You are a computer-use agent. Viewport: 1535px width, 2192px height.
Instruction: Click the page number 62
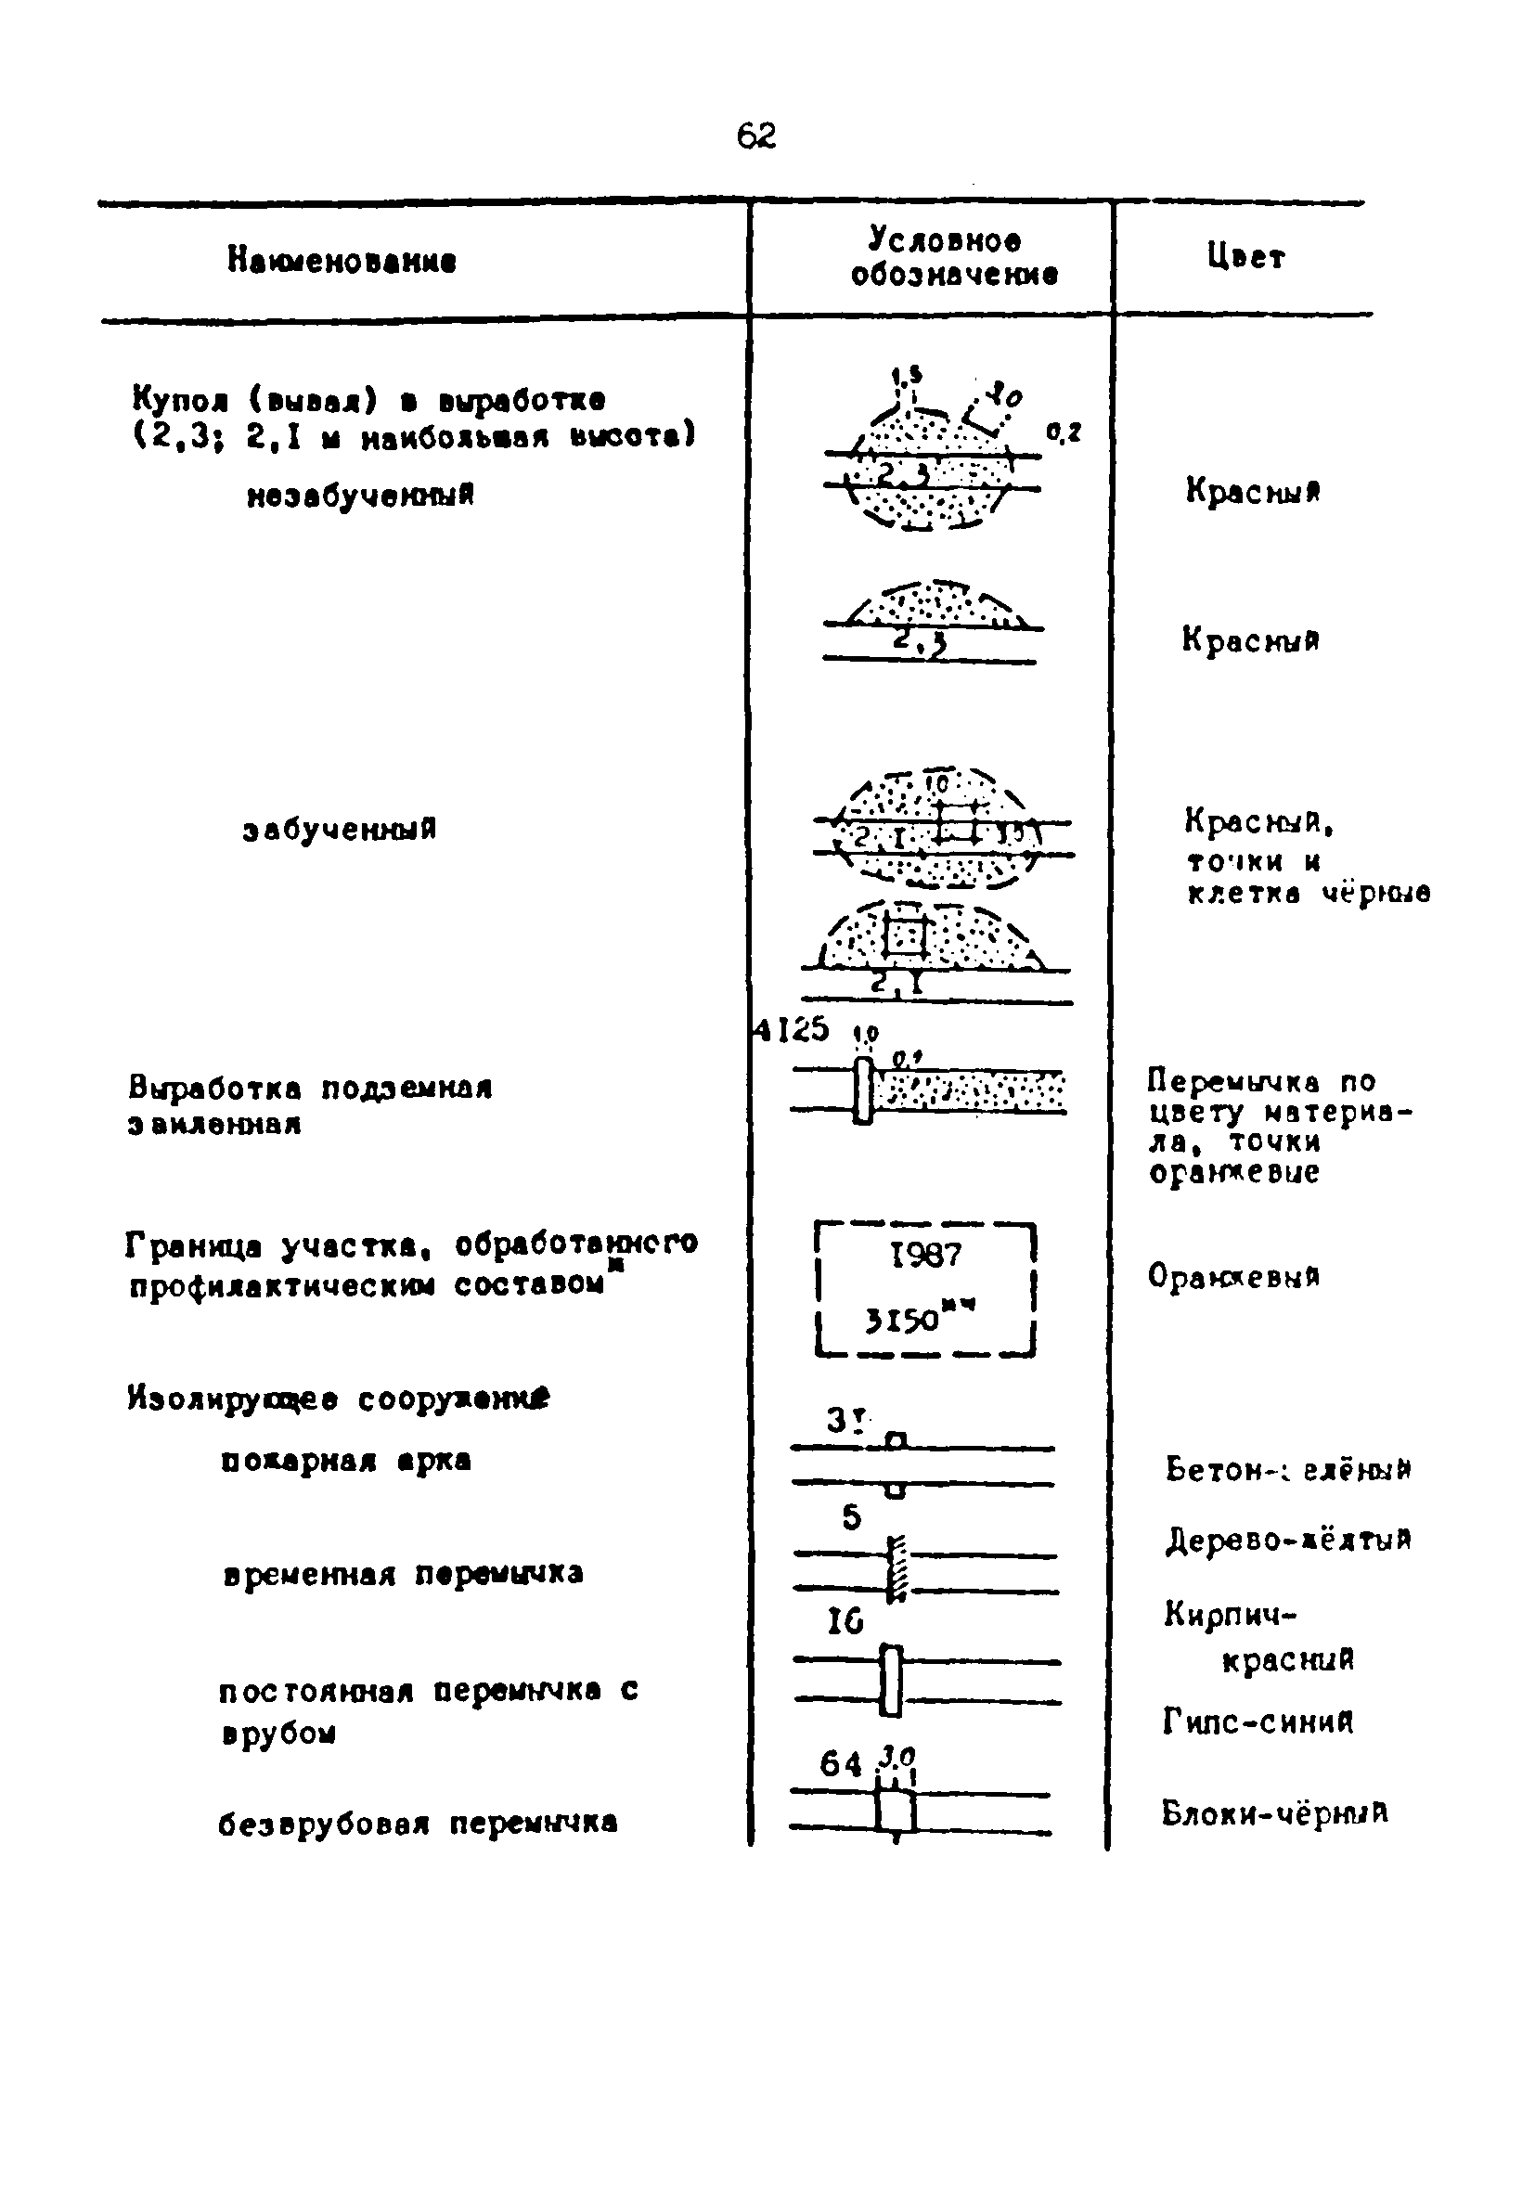pyautogui.click(x=756, y=136)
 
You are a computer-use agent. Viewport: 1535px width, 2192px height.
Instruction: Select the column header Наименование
pyautogui.click(x=342, y=260)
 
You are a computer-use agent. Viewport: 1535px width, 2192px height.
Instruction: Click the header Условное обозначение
pyautogui.click(x=955, y=257)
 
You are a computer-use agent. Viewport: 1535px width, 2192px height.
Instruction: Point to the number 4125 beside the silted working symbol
pyautogui.click(x=793, y=1030)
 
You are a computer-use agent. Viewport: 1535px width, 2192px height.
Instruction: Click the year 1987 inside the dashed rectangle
pyautogui.click(x=925, y=1255)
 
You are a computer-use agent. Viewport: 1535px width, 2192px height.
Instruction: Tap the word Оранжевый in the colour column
pyautogui.click(x=1234, y=1275)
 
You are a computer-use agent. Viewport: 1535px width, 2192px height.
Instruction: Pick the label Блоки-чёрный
pyautogui.click(x=1274, y=1812)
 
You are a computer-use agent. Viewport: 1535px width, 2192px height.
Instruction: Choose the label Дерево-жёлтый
pyautogui.click(x=1288, y=1540)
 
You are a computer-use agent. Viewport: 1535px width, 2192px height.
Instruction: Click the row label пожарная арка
pyautogui.click(x=345, y=1461)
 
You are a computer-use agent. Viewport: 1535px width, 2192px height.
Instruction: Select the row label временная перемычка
pyautogui.click(x=403, y=1573)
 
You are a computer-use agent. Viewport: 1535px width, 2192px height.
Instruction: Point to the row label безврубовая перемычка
pyautogui.click(x=419, y=1824)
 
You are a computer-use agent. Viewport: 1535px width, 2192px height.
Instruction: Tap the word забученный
pyautogui.click(x=340, y=829)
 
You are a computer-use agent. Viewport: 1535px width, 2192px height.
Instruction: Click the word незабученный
pyautogui.click(x=361, y=495)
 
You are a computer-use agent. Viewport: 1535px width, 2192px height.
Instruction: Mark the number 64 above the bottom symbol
pyautogui.click(x=840, y=1764)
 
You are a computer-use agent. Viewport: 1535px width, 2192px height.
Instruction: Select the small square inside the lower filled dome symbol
pyautogui.click(x=905, y=936)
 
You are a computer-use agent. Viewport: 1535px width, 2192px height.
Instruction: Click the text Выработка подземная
pyautogui.click(x=310, y=1089)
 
